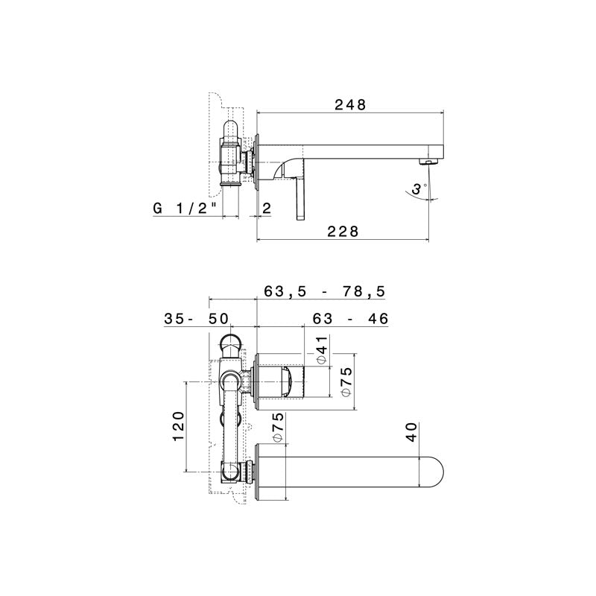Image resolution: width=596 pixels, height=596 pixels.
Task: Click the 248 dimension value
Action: pyautogui.click(x=349, y=105)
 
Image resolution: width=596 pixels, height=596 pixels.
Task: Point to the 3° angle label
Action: pyautogui.click(x=421, y=191)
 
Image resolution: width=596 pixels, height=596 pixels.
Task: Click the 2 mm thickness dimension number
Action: pyautogui.click(x=267, y=209)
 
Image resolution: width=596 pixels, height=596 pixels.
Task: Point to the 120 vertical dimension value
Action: pyautogui.click(x=178, y=426)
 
